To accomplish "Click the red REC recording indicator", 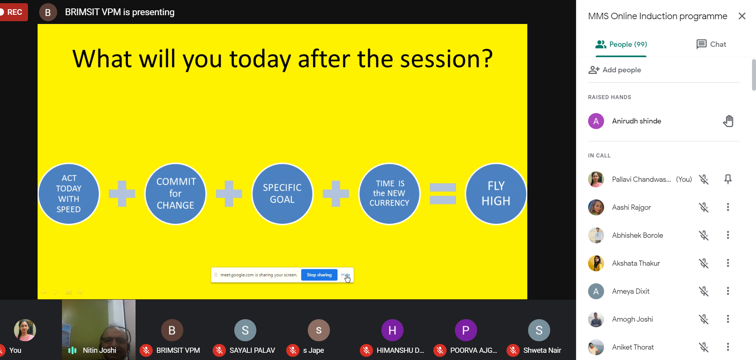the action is coord(13,12).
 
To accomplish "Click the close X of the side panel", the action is coord(742,16).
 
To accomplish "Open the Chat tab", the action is coord(711,44).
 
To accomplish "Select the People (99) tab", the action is coord(621,44).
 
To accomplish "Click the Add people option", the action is coord(614,70).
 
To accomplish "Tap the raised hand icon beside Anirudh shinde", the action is coord(728,121).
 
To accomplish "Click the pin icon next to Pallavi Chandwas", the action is coord(728,179).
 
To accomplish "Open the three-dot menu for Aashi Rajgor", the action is coord(728,207).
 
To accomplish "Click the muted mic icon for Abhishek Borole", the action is coord(704,235).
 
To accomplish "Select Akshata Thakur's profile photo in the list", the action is coord(596,263).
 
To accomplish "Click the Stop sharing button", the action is coord(319,275).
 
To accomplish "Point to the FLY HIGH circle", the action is coord(496,194).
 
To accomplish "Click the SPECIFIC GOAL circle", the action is coord(282,194).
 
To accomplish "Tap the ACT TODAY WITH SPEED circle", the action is coord(69,194).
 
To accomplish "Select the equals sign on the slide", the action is coord(443,194).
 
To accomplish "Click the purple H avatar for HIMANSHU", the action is coord(392,330).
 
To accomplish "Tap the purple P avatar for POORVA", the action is coord(466,330).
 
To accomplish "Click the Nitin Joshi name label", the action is coord(100,350).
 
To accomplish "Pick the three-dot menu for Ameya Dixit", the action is coord(728,291).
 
